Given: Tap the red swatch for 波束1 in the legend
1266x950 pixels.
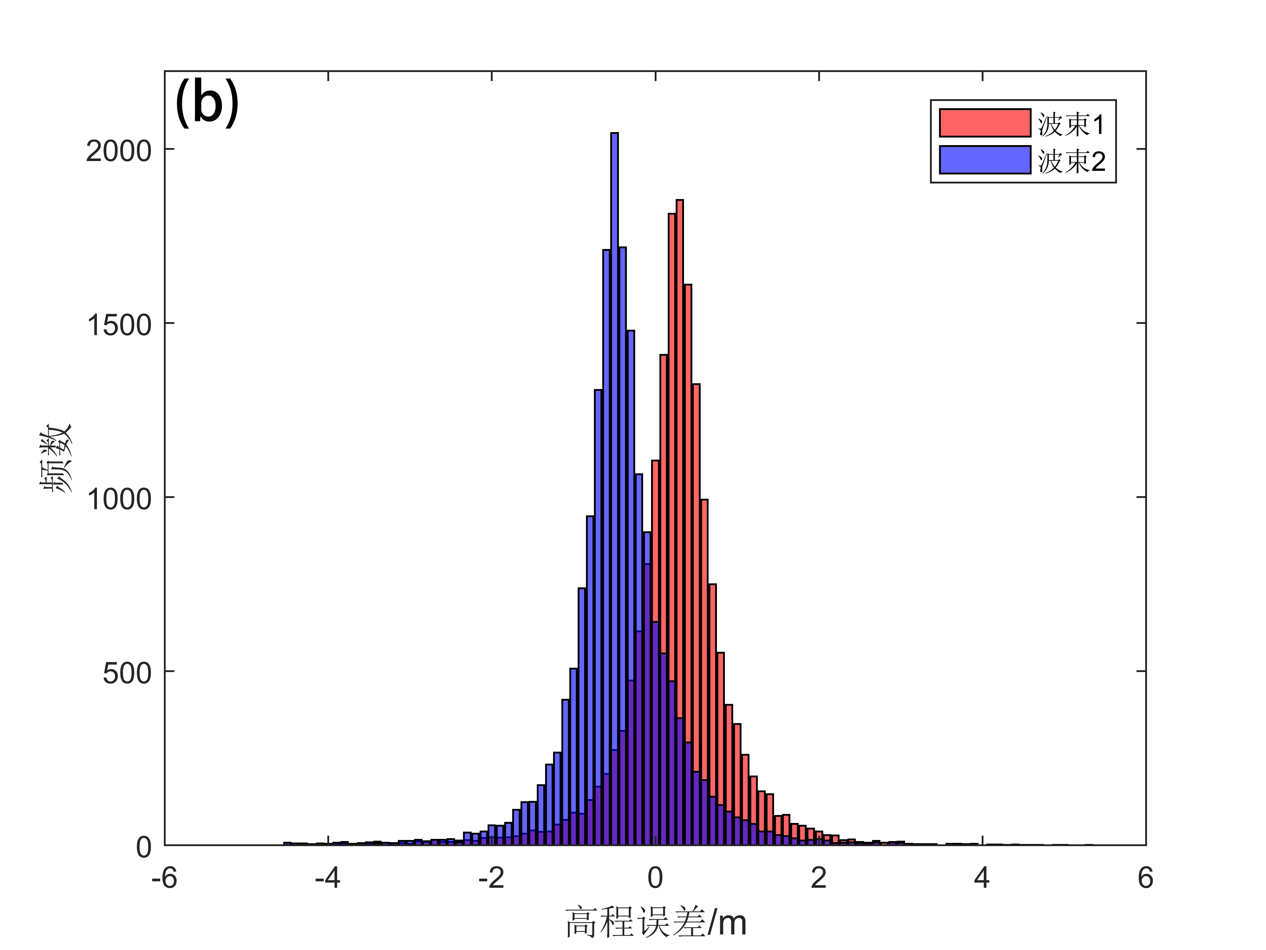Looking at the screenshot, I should tap(985, 123).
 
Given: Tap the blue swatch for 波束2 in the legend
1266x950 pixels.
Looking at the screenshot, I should tap(985, 160).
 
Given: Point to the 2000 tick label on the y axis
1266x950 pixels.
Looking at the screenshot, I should tap(119, 151).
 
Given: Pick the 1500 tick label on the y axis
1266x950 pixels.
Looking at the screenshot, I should tap(119, 325).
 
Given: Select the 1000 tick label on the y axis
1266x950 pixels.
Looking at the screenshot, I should tap(119, 499).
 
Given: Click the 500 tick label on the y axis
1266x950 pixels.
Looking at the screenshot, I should tap(127, 674).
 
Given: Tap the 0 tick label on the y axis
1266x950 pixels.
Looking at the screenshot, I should tap(144, 847).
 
